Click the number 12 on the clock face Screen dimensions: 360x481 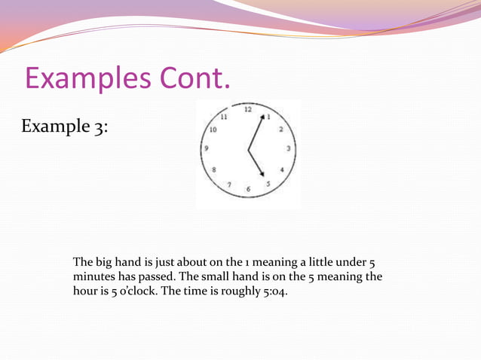point(247,110)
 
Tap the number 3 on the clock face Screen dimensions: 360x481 point(288,148)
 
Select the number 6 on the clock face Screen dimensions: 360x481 point(248,189)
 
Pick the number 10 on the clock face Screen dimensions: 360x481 point(213,130)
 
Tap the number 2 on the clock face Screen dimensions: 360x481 point(281,129)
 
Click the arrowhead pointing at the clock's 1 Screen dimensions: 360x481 point(263,118)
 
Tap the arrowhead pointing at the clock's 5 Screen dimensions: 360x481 point(262,175)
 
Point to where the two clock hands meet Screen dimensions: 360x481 point(249,150)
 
